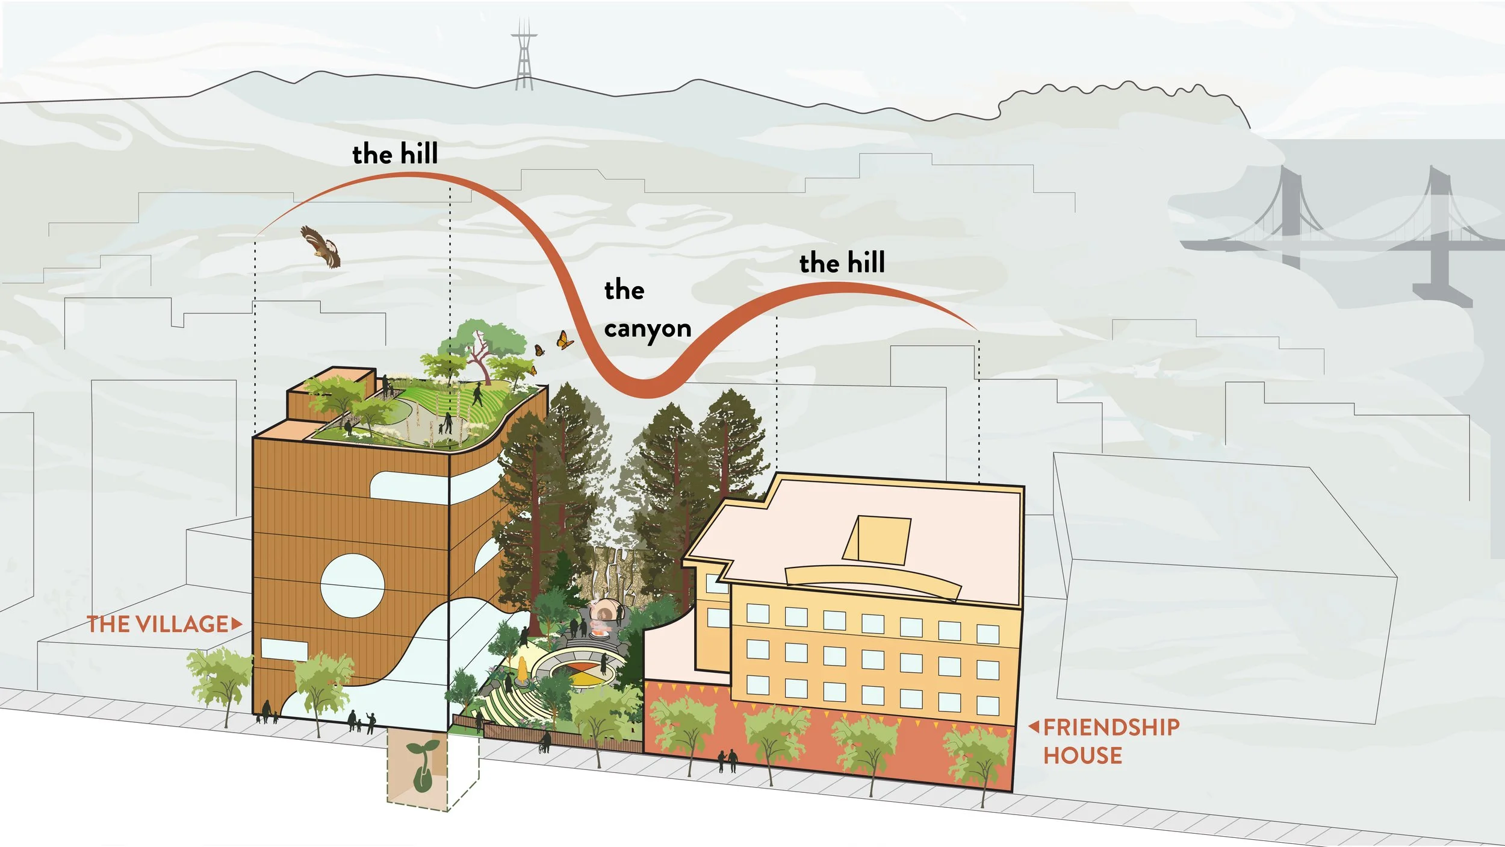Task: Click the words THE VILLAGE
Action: tap(158, 624)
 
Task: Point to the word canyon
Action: tap(648, 329)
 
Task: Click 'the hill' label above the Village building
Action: tap(395, 154)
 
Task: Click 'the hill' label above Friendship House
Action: tap(842, 263)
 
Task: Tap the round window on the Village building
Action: tap(352, 586)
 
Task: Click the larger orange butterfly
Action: tap(564, 341)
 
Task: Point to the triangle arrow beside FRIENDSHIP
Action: tap(1034, 727)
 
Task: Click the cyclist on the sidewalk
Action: tap(544, 743)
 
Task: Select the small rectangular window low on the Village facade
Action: tap(284, 649)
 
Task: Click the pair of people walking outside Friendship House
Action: tap(727, 761)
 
